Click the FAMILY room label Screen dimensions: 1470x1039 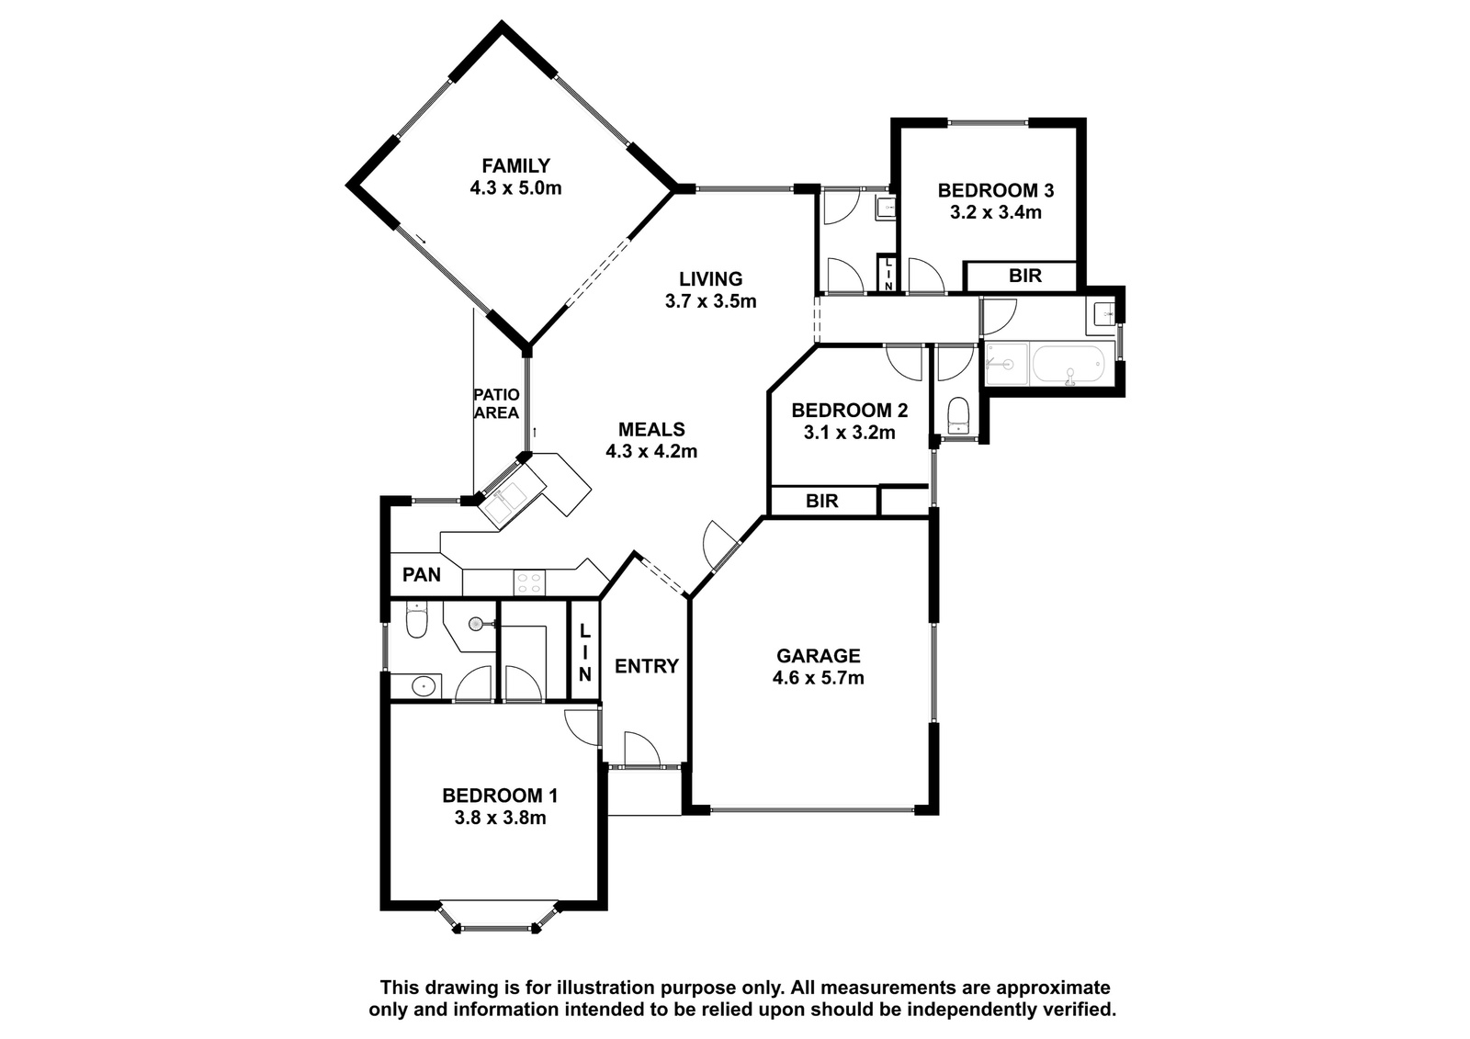point(515,165)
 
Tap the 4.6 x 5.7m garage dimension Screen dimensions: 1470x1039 point(819,678)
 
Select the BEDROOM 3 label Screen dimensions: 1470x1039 point(996,190)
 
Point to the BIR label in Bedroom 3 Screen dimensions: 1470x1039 point(1025,276)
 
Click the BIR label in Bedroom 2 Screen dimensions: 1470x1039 point(821,502)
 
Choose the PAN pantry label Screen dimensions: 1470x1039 point(422,575)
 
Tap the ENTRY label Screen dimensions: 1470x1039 point(647,666)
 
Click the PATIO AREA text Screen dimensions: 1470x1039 point(497,403)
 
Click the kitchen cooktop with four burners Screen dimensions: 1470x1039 point(529,582)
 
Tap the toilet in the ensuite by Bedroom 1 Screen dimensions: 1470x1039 point(417,619)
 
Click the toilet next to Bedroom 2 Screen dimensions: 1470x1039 point(958,414)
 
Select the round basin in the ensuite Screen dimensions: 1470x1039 point(424,686)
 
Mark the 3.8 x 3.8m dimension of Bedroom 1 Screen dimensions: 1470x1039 point(500,819)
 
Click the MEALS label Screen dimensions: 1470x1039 point(651,429)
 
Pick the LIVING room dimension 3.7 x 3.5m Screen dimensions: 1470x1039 point(711,301)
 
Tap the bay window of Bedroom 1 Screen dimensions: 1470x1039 point(499,918)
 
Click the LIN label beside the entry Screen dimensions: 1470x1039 point(584,652)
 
